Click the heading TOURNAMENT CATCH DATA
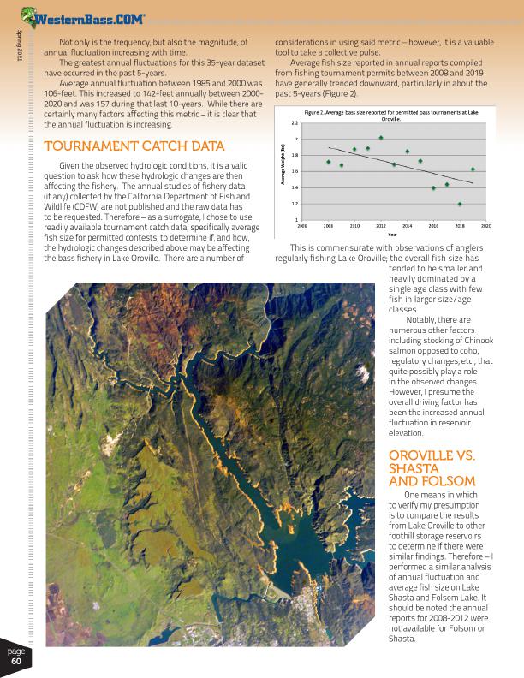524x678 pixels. click(x=134, y=146)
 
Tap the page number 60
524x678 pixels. click(x=16, y=656)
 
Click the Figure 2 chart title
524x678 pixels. click(x=390, y=116)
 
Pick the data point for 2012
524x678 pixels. click(x=381, y=138)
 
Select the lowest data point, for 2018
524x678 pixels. click(x=460, y=204)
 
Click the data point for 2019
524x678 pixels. click(x=473, y=169)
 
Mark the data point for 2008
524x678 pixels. click(x=329, y=162)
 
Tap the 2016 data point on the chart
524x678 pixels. click(x=433, y=187)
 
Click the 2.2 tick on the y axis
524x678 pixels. click(x=295, y=122)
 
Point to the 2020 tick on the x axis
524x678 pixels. click(x=486, y=227)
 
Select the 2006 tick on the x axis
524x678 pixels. click(x=302, y=227)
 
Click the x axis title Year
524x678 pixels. click(x=392, y=234)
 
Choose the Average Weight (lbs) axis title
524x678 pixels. click(x=283, y=169)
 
